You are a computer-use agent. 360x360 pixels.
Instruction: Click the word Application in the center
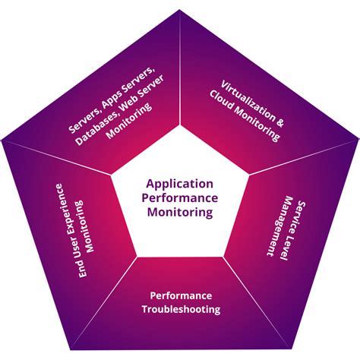(180, 183)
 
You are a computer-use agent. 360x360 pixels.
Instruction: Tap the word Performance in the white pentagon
(180, 198)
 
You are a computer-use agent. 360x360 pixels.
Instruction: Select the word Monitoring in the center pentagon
(180, 213)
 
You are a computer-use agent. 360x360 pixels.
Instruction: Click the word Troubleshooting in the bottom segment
(181, 309)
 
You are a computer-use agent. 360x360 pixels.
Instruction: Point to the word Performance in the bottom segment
(180, 295)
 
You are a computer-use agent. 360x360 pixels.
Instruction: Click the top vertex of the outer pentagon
(180, 9)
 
